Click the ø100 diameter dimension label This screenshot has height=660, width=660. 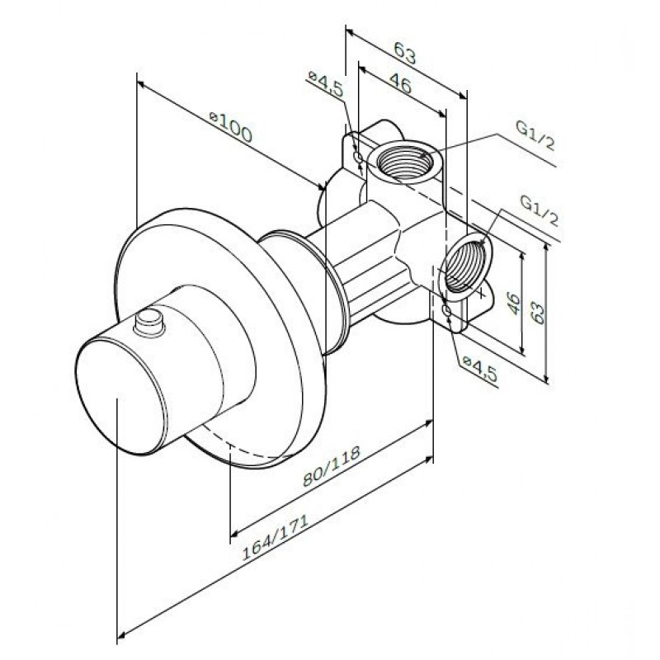point(231,126)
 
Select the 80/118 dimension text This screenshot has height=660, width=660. point(332,466)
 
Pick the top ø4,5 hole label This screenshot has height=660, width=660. point(325,83)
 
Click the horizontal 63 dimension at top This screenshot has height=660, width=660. point(405,53)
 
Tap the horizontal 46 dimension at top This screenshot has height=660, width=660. point(400,83)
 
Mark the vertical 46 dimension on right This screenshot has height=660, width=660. point(513,303)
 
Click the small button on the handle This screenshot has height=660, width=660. point(149,323)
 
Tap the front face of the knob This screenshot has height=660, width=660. point(119,397)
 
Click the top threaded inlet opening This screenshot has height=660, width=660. point(403,161)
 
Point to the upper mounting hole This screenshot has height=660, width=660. point(358,158)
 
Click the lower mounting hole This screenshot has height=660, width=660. point(446,311)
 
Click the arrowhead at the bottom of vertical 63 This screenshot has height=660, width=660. point(546,379)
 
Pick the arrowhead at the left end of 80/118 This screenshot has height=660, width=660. point(235,533)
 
